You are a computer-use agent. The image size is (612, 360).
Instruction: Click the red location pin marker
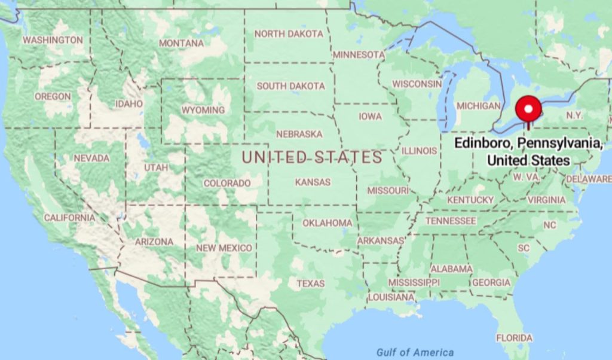pos(528,109)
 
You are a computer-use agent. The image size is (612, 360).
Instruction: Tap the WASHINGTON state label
pos(53,39)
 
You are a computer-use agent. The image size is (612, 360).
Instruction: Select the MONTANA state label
pos(181,43)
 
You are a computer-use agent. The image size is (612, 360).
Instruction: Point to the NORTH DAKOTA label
pos(289,33)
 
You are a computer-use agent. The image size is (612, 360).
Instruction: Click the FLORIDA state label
pos(514,338)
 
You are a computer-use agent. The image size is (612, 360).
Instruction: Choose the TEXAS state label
pos(311,283)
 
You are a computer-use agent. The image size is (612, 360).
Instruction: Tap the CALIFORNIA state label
pos(69,218)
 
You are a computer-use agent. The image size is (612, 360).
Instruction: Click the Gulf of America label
pos(415,352)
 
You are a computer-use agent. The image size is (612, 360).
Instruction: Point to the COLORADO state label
pos(227,183)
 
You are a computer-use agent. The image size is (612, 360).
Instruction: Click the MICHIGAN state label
pos(478,106)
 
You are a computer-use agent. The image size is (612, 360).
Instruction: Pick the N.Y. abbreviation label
pos(574,114)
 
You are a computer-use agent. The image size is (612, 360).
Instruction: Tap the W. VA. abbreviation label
pos(526,177)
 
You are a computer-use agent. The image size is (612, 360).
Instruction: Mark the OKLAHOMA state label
pos(327,223)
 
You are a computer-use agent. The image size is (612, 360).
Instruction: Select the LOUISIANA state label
pos(391,297)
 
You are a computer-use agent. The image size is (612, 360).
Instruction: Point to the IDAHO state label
pos(129,103)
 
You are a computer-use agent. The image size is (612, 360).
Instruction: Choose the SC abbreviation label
pos(524,248)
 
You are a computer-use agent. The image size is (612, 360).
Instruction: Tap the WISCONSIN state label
pos(417,84)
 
